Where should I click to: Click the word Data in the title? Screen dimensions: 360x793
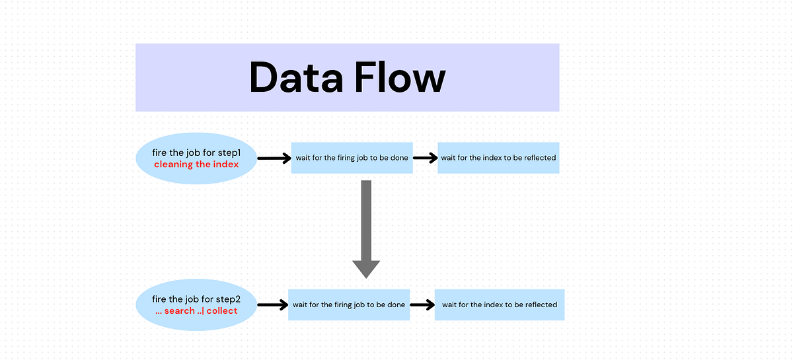coord(296,78)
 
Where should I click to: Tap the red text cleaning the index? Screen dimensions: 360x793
coord(196,164)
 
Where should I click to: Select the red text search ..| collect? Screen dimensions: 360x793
coord(196,310)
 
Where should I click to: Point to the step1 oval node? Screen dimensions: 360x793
coord(196,159)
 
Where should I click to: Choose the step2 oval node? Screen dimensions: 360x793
coord(196,305)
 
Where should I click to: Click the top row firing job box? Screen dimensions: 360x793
coord(352,158)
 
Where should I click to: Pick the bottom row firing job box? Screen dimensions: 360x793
coord(349,305)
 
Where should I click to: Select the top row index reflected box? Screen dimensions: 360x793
coord(498,158)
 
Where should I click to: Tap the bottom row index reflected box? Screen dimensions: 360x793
coord(500,305)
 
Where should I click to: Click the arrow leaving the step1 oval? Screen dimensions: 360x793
coord(274,159)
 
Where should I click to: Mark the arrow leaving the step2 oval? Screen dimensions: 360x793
coord(272,305)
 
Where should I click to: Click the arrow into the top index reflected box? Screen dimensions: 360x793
coord(425,159)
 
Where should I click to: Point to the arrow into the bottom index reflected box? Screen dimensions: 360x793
coord(422,305)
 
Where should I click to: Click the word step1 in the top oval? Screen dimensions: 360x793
coord(229,153)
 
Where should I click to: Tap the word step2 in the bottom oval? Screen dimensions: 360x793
coord(229,299)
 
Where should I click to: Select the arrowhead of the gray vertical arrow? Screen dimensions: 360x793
coord(366,268)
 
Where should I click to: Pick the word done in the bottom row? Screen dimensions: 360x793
coord(395,305)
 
